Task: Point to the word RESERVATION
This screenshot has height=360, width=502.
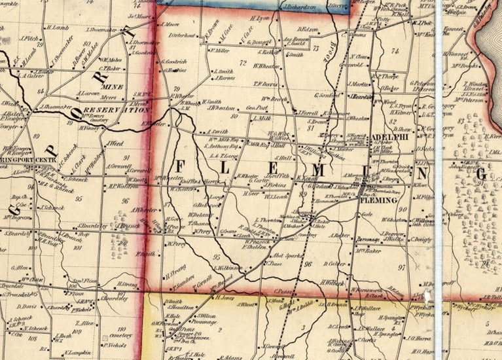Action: coord(112,111)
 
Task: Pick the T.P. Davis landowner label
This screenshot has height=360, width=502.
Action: coord(266,84)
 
